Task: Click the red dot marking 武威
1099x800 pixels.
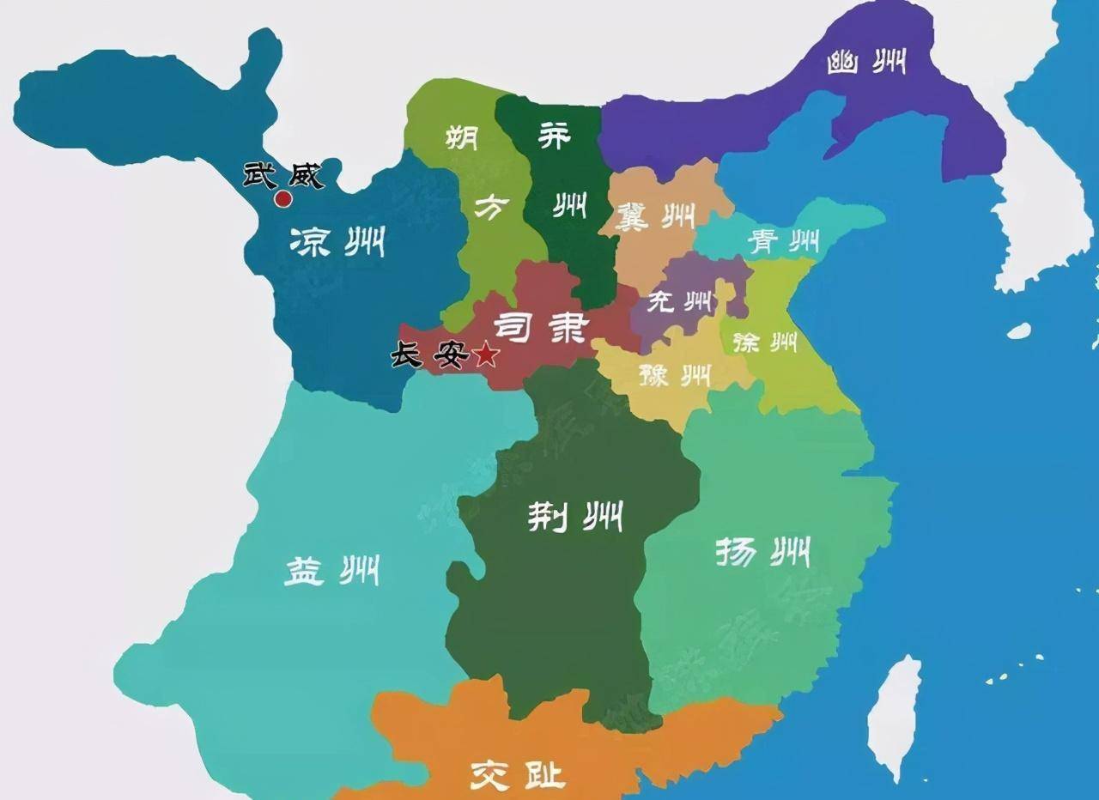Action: (x=282, y=199)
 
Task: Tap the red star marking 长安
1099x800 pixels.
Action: (x=485, y=354)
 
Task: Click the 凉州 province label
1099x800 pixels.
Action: (x=337, y=242)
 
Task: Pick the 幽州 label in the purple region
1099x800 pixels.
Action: (x=866, y=63)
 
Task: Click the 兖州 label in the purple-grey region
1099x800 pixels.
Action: (x=679, y=302)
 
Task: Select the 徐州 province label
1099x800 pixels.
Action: (x=765, y=342)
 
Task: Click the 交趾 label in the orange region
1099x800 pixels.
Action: (x=518, y=776)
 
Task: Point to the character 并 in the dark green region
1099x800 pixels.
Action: (x=553, y=134)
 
